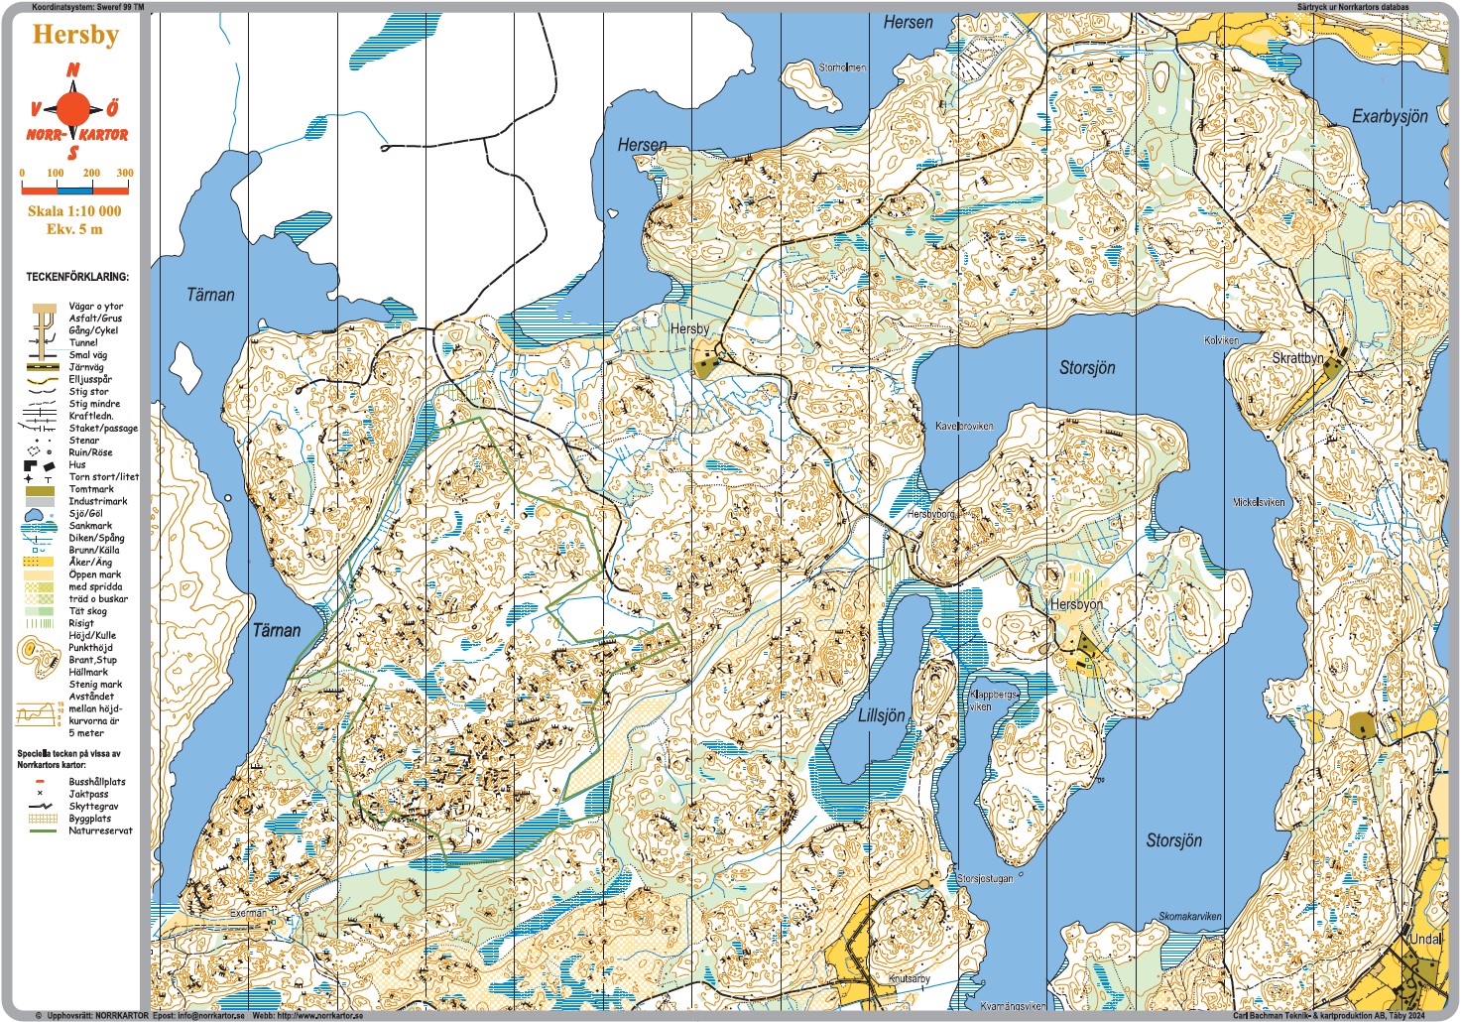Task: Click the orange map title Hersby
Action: coord(75,35)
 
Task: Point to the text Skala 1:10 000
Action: coord(74,210)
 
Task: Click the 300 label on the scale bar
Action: coord(125,173)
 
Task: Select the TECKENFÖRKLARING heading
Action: coord(77,277)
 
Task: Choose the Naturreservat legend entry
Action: coord(99,830)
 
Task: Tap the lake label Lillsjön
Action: coord(881,715)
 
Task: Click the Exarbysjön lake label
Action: coord(1390,116)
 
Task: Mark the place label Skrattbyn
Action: coord(1297,357)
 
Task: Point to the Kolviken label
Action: coord(1221,340)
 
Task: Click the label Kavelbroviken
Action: coord(964,426)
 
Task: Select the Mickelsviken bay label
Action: coord(1259,502)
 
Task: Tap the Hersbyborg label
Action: coord(930,514)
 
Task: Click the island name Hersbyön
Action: coord(1076,603)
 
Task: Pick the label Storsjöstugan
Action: coord(985,878)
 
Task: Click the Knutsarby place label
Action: coord(910,978)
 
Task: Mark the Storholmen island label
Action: coord(842,67)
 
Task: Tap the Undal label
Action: coord(1425,939)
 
